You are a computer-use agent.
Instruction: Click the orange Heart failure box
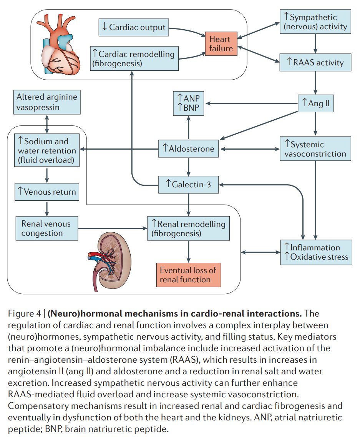pyautogui.click(x=221, y=43)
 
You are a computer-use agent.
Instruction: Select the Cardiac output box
pyautogui.click(x=134, y=27)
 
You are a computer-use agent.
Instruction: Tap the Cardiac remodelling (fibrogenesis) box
pyautogui.click(x=134, y=58)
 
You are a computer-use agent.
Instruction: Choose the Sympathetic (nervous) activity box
pyautogui.click(x=315, y=22)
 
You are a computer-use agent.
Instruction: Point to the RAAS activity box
pyautogui.click(x=315, y=62)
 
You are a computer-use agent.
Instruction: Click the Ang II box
pyautogui.click(x=316, y=103)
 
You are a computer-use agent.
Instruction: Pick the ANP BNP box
pyautogui.click(x=188, y=103)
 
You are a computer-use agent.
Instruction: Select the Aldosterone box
pyautogui.click(x=188, y=148)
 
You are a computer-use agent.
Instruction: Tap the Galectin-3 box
pyautogui.click(x=188, y=184)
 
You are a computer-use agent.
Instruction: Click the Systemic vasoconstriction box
pyautogui.click(x=315, y=149)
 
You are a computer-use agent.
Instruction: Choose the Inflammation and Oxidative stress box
pyautogui.click(x=316, y=252)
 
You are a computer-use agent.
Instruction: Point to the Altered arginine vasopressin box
pyautogui.click(x=47, y=102)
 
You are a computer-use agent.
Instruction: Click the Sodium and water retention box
pyautogui.click(x=47, y=150)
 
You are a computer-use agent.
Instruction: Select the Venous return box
pyautogui.click(x=47, y=192)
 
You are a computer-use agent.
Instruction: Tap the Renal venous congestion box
pyautogui.click(x=46, y=228)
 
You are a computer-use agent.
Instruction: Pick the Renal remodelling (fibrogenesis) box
pyautogui.click(x=188, y=228)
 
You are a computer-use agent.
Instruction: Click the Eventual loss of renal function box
pyautogui.click(x=189, y=275)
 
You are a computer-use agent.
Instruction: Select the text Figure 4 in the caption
pyautogui.click(x=24, y=313)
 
